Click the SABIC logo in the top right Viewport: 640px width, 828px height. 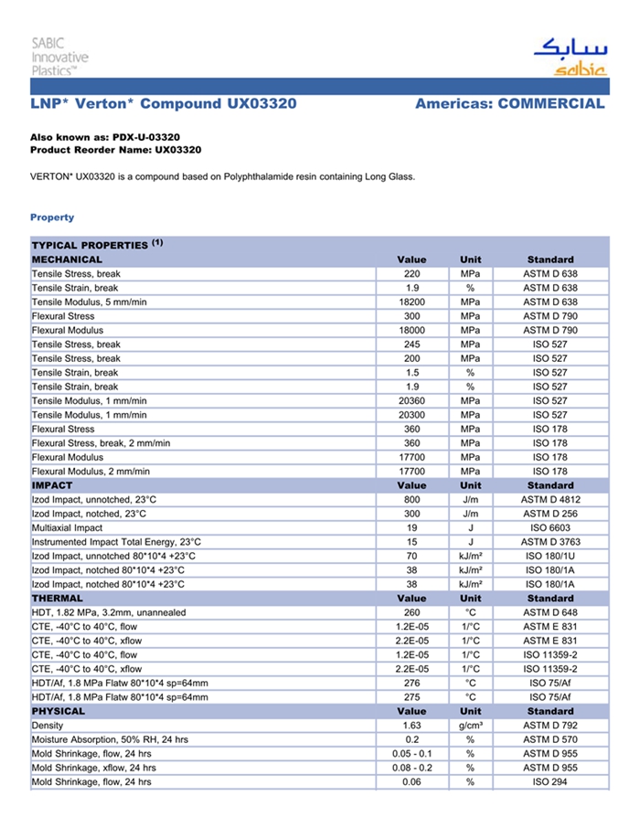569,58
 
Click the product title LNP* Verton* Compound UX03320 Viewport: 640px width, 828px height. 164,104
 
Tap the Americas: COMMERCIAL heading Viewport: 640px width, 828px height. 509,104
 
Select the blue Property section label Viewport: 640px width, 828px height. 52,218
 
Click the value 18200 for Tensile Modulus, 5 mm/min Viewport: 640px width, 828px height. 411,302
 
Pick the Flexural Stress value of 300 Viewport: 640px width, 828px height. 411,316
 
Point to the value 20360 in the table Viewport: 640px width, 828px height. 411,400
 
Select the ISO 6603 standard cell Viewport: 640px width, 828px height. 550,527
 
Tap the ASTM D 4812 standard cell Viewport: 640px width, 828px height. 550,500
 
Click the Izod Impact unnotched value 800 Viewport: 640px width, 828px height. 411,500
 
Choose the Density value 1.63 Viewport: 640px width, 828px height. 411,725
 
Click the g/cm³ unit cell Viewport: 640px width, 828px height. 470,725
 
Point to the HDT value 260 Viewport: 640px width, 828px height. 411,612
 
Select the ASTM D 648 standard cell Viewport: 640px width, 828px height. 550,612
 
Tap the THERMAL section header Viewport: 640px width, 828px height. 58,598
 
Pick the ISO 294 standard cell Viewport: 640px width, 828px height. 550,781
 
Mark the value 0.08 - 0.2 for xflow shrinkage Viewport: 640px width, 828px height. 411,768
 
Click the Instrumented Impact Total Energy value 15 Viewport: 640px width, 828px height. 411,542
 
